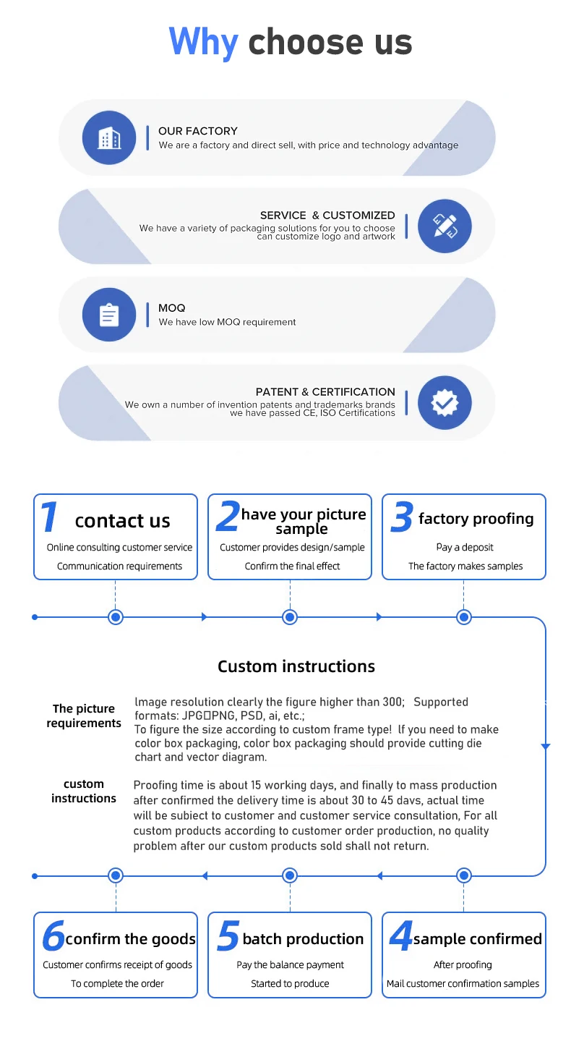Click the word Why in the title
coord(203,42)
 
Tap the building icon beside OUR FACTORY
coord(109,137)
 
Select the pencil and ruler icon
coord(445,226)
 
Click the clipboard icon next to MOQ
coord(109,315)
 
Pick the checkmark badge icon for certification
coord(445,402)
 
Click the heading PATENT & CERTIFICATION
coord(325,391)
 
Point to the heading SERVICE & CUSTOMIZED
coord(327,215)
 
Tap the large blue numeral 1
coord(49,518)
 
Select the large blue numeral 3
coord(401,518)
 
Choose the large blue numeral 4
coord(400,936)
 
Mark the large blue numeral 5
coord(227,936)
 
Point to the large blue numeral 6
coord(53,936)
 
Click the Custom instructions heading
coord(296,666)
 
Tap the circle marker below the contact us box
coord(116,617)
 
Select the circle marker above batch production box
coord(290,875)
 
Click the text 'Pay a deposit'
coord(465,548)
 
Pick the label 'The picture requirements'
coord(84,716)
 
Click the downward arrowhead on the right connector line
coord(546,746)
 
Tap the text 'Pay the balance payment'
coord(290,964)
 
